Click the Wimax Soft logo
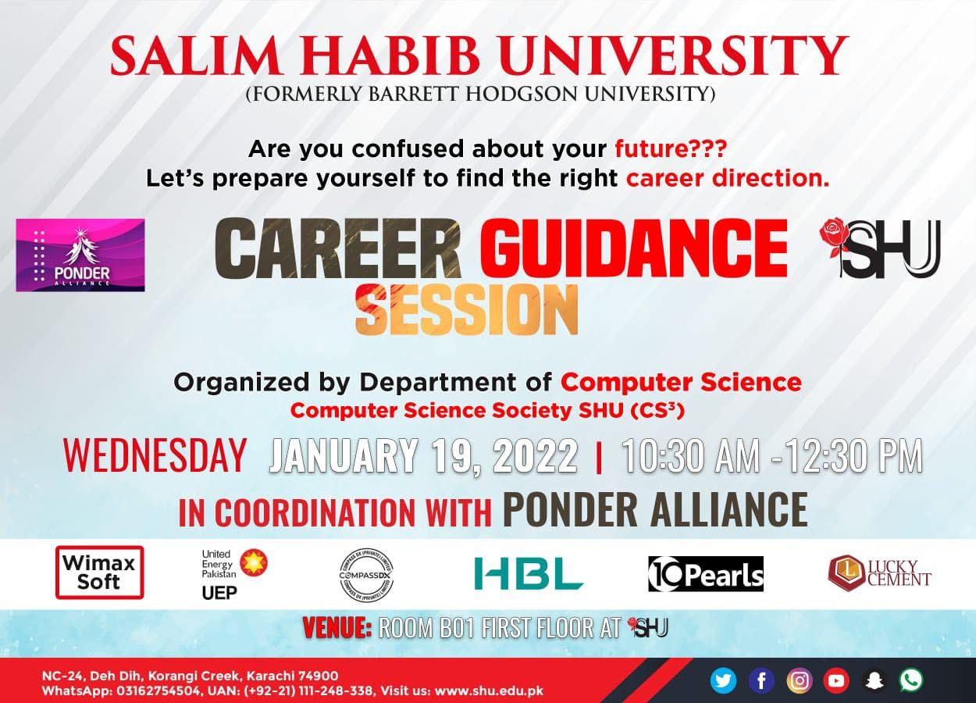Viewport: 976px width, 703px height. (99, 572)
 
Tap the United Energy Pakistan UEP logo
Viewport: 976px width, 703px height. (233, 573)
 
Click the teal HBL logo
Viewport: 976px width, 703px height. (529, 573)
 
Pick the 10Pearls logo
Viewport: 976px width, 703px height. (706, 574)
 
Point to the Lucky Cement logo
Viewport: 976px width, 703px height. (879, 573)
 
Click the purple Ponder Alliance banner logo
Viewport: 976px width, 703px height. (80, 255)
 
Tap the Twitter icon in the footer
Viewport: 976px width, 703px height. (723, 680)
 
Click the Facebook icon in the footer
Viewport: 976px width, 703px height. (761, 680)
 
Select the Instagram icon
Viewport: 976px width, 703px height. (799, 680)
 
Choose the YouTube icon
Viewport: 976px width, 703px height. (836, 680)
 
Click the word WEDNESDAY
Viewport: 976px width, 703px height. (155, 455)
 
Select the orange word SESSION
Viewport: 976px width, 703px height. (466, 310)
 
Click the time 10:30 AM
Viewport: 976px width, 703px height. (689, 456)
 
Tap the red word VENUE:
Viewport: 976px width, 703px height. (337, 627)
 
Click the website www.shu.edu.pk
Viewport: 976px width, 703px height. (489, 691)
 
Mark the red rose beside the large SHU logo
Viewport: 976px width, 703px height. (835, 235)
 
